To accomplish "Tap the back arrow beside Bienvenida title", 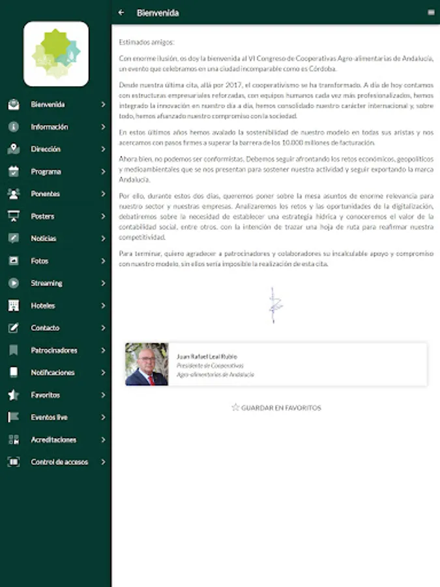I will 121,12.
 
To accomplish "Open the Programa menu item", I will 46,172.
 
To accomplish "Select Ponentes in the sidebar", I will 45,194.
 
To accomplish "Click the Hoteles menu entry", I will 43,305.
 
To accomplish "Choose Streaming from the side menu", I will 46,283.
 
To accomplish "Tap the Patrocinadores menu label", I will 54,350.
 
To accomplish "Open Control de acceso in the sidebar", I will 59,462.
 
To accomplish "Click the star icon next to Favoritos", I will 14,395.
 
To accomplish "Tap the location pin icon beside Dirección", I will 14,149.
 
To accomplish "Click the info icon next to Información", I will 14,127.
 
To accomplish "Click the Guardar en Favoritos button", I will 276,408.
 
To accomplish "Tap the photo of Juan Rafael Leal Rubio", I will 147,364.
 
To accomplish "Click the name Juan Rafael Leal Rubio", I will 207,356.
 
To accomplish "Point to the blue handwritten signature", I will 273,305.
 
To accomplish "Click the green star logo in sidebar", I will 56,54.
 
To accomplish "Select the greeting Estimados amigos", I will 147,42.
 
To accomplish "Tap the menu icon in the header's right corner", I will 431,12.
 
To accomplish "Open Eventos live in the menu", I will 49,417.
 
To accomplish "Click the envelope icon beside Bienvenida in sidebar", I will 14,104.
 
